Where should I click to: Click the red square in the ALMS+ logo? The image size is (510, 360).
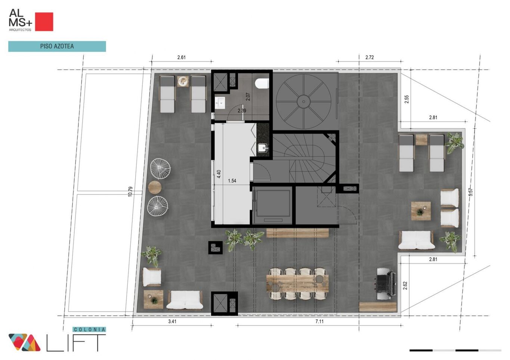(x=44, y=22)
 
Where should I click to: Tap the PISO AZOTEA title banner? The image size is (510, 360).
(x=57, y=46)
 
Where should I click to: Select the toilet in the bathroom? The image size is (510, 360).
(x=262, y=83)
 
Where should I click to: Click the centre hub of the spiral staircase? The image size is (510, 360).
(x=304, y=102)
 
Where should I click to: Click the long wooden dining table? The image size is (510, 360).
(x=297, y=284)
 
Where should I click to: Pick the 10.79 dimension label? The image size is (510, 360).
(x=130, y=192)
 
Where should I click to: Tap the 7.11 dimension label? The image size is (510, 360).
(x=319, y=321)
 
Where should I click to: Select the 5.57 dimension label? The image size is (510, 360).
(x=471, y=192)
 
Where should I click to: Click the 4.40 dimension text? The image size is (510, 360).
(x=219, y=174)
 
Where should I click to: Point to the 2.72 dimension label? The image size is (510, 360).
(x=370, y=58)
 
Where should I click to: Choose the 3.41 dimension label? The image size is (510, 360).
(x=172, y=321)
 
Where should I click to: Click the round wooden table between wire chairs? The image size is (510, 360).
(x=155, y=187)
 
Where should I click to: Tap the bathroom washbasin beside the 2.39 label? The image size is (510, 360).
(x=220, y=103)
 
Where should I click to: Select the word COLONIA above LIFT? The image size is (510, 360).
(x=89, y=329)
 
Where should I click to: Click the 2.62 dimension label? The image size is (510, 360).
(x=405, y=286)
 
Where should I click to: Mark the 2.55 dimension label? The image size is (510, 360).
(x=407, y=99)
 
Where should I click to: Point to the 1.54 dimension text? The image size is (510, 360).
(x=232, y=181)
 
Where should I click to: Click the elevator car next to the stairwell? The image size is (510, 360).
(x=272, y=205)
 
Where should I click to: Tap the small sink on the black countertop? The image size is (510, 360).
(x=263, y=148)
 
